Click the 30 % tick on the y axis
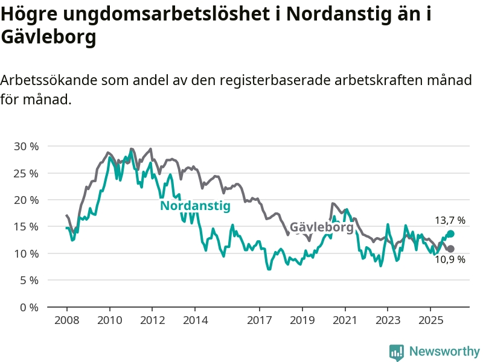[x=26, y=147]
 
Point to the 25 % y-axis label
[x=26, y=173]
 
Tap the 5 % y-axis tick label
[x=28, y=281]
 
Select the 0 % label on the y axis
[x=28, y=307]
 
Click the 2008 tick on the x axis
[x=66, y=319]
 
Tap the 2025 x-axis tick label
[x=430, y=319]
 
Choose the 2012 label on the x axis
[x=152, y=319]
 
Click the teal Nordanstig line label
[x=195, y=206]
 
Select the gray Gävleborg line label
[x=321, y=227]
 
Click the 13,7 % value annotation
[x=450, y=221]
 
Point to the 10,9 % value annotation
[x=450, y=259]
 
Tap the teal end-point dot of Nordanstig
[x=450, y=233]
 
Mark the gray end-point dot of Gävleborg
[x=450, y=249]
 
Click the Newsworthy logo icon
[x=397, y=352]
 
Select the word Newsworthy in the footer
[x=444, y=351]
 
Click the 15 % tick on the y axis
[x=26, y=227]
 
